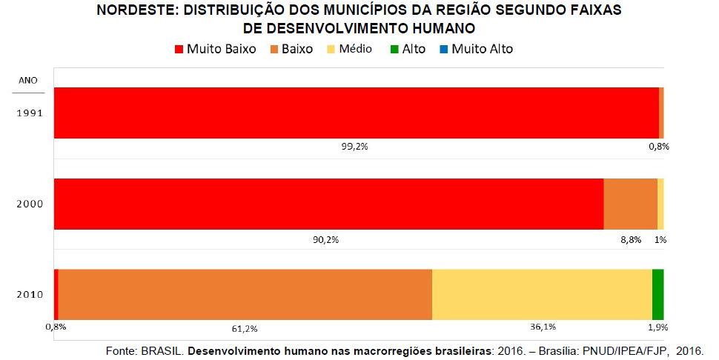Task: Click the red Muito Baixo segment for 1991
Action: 356,113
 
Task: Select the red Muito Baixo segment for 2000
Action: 328,204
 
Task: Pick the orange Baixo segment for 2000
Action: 630,204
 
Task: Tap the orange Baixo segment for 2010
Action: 245,294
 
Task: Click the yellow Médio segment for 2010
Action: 542,294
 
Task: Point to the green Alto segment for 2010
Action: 657,294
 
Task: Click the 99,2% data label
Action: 354,147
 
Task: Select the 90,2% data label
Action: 326,239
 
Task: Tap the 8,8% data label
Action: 630,239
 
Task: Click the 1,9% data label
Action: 657,327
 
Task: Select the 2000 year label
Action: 30,204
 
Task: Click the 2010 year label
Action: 30,294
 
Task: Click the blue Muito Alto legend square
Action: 443,50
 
